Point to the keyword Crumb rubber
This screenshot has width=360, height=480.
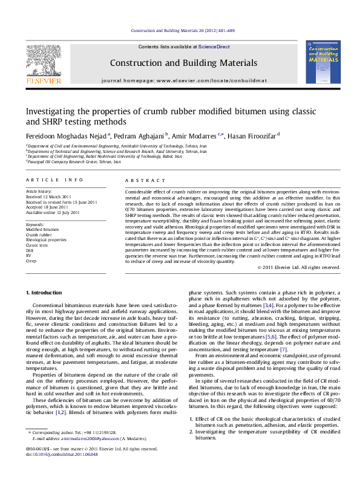coord(38,234)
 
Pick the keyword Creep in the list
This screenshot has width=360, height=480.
coord(31,261)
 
